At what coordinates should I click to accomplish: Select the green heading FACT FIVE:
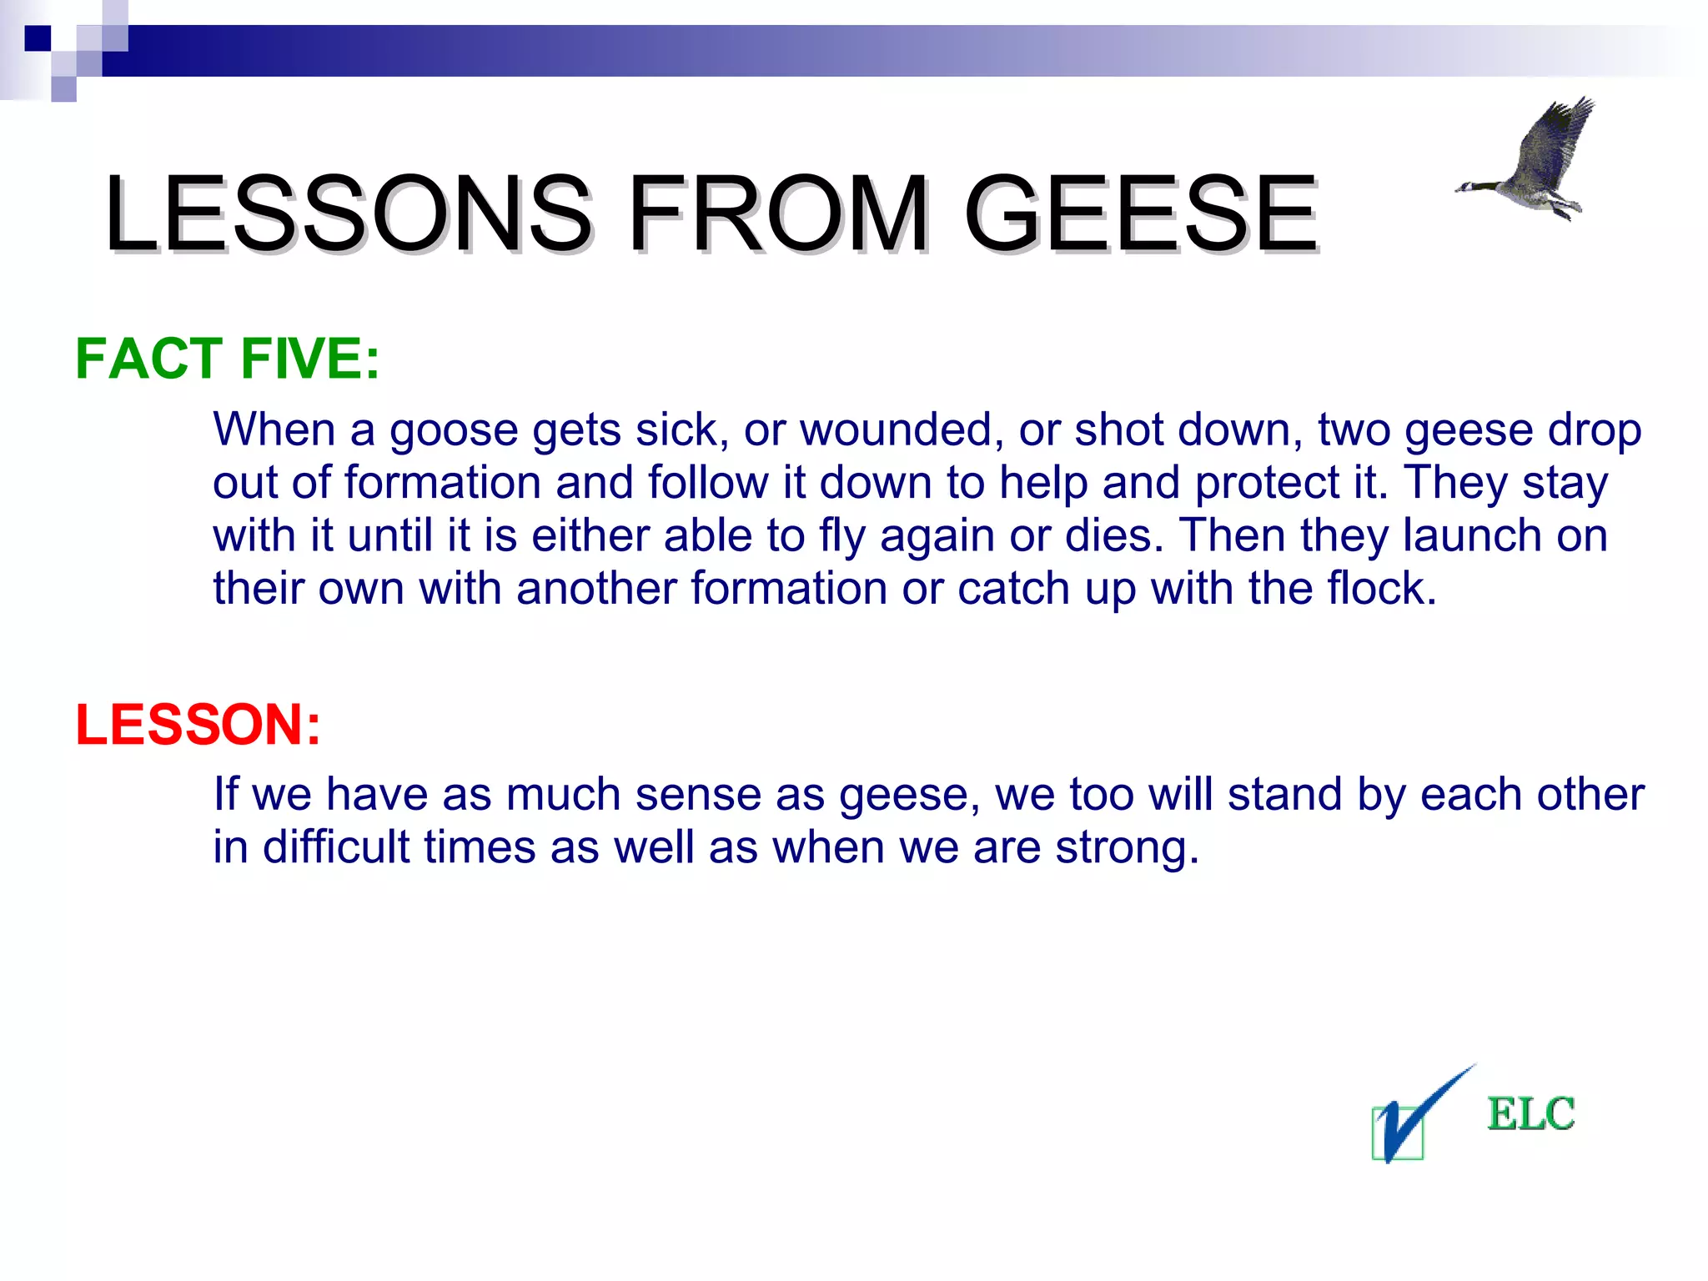pos(228,359)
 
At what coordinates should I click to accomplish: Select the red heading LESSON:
pos(198,724)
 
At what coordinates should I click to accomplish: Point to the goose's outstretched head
pos(1468,188)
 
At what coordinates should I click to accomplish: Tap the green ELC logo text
pos(1530,1114)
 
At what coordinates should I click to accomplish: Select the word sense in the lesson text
pos(698,795)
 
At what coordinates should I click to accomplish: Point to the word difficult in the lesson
pos(335,848)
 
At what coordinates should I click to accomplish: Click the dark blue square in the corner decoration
pos(38,38)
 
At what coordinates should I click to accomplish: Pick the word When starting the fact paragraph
pos(274,430)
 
